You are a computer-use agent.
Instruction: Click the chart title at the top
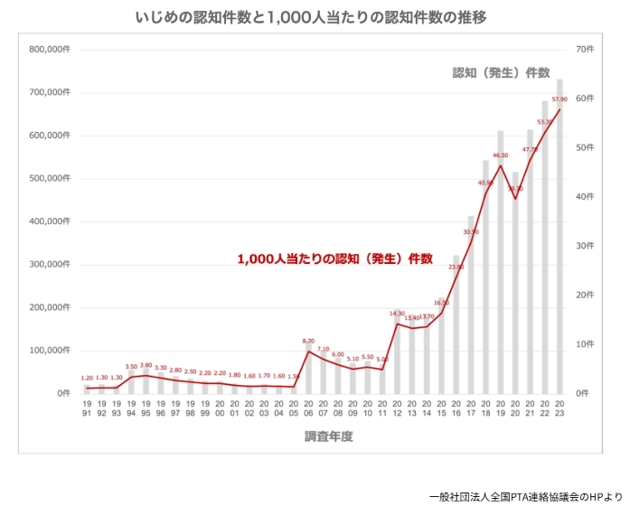click(315, 17)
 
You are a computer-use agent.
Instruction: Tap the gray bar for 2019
click(501, 262)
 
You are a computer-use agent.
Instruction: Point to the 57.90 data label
click(559, 99)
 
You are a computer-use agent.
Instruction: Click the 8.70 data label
click(309, 341)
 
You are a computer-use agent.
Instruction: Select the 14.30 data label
click(397, 313)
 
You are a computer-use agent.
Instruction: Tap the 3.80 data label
click(146, 365)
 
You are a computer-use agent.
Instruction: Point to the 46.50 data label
click(500, 155)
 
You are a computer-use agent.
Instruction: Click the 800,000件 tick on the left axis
click(50, 49)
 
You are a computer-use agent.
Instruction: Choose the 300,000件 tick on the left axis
click(50, 264)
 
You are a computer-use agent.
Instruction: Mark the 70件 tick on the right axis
click(584, 49)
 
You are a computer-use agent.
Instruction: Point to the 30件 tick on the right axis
click(584, 246)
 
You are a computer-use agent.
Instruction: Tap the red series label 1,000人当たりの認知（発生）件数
click(335, 258)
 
